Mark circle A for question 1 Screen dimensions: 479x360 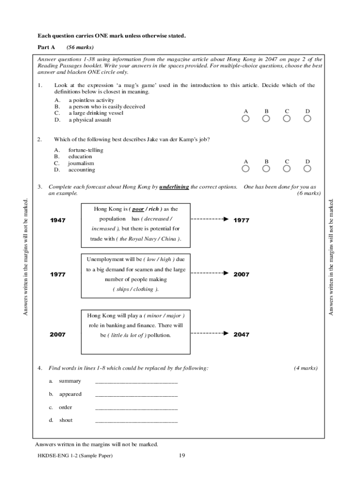coord(245,119)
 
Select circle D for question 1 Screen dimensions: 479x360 coord(307,119)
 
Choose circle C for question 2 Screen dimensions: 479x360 coord(287,169)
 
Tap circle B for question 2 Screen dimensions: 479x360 coord(266,169)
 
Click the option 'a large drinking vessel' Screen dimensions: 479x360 coord(90,113)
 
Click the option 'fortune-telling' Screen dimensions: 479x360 coord(86,150)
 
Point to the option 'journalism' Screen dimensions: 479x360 coord(81,163)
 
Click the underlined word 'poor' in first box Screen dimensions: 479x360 coord(138,209)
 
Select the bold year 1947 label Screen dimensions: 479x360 coord(58,220)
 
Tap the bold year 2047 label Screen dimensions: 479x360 coord(241,334)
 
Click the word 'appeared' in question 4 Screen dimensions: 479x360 coord(70,394)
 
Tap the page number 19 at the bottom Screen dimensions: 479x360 coord(182,456)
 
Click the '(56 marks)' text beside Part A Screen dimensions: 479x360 coord(80,47)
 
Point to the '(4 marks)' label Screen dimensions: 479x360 coord(306,368)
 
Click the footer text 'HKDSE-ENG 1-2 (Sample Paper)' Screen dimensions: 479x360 coord(75,456)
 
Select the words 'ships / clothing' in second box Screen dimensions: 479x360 coord(135,289)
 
